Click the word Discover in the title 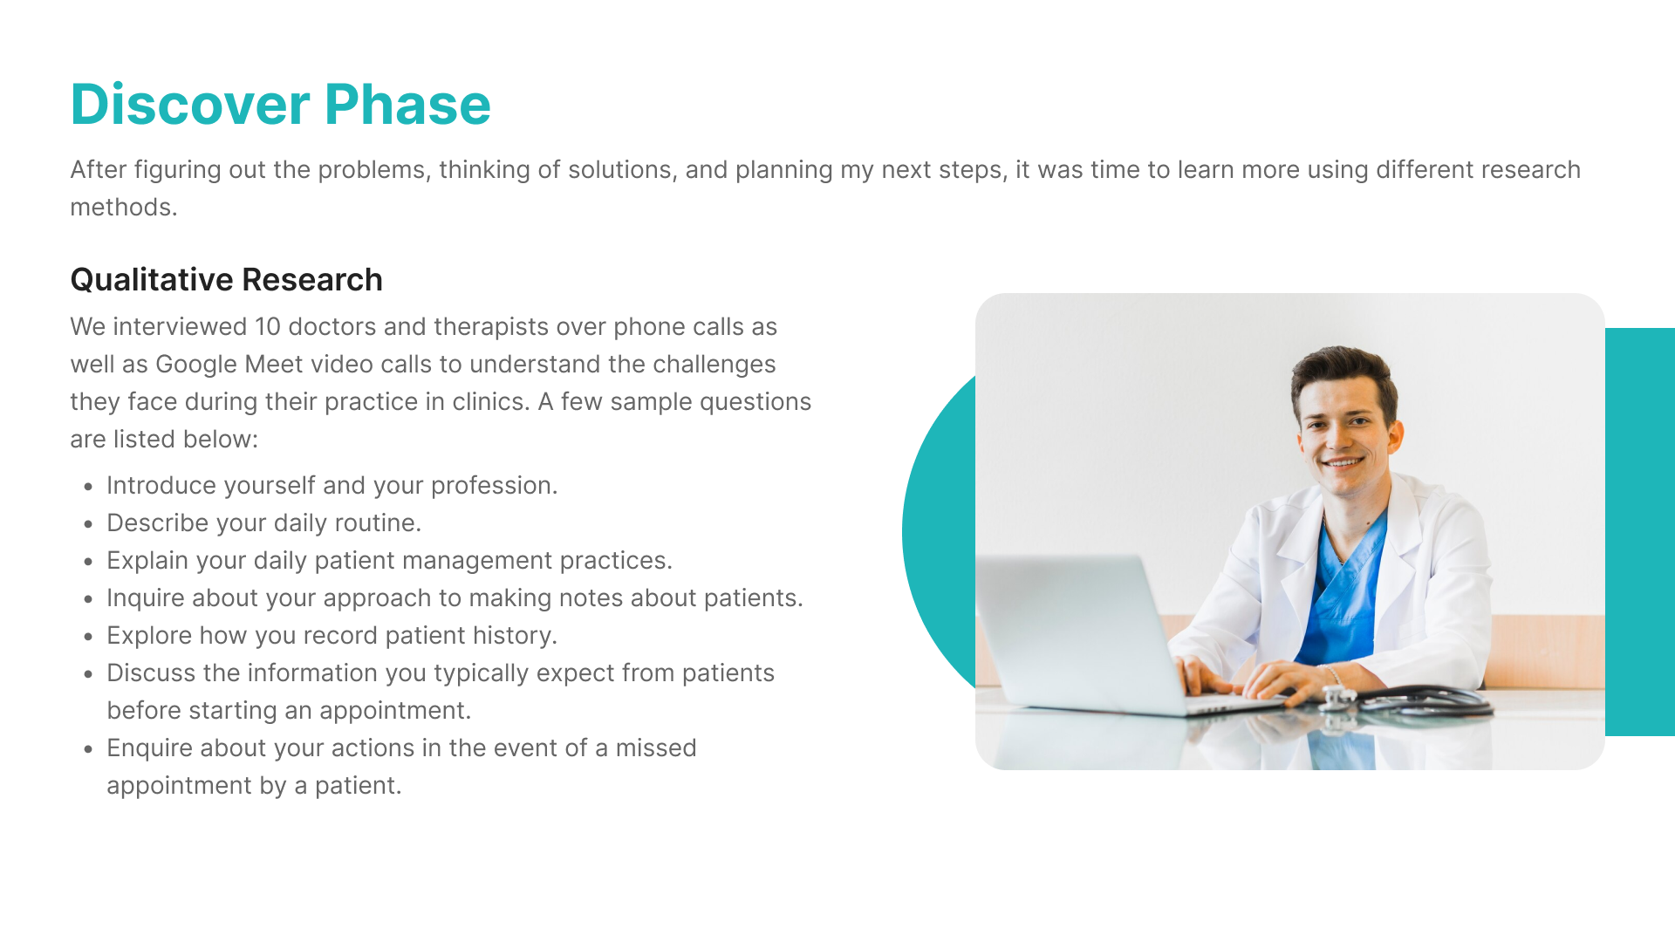190,105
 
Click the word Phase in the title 407,105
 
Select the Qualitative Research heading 227,280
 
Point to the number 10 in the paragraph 267,327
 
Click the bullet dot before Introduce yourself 88,488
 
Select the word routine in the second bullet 378,523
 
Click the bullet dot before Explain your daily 88,563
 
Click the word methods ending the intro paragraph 124,208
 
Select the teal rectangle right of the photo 1640,532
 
